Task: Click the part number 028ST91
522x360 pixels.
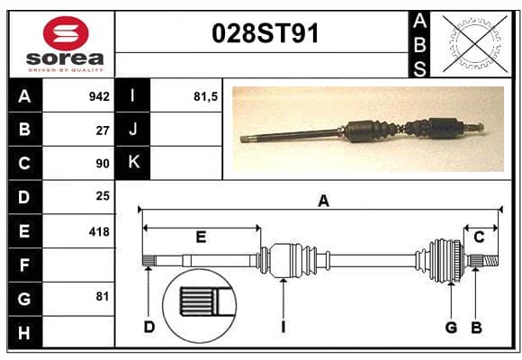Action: [265, 33]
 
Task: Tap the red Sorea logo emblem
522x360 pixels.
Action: [66, 33]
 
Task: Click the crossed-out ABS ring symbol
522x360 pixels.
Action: [475, 43]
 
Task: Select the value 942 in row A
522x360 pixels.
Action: [99, 96]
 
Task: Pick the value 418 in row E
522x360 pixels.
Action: [99, 232]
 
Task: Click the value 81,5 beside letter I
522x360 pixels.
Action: [205, 96]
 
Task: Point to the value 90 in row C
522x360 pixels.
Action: [103, 164]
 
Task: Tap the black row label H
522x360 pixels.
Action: [24, 333]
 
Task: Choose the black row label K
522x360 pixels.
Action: [133, 163]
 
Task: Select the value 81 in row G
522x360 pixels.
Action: [103, 296]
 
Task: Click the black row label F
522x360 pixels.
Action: [24, 265]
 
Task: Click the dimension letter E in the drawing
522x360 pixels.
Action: [201, 237]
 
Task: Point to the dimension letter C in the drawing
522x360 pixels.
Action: [479, 237]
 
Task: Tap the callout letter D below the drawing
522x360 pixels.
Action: [149, 327]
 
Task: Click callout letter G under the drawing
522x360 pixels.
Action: [451, 327]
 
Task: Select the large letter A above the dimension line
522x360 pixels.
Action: [324, 201]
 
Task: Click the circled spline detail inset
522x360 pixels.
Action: [200, 306]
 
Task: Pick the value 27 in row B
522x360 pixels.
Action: [103, 130]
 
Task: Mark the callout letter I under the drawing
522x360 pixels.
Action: [283, 327]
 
